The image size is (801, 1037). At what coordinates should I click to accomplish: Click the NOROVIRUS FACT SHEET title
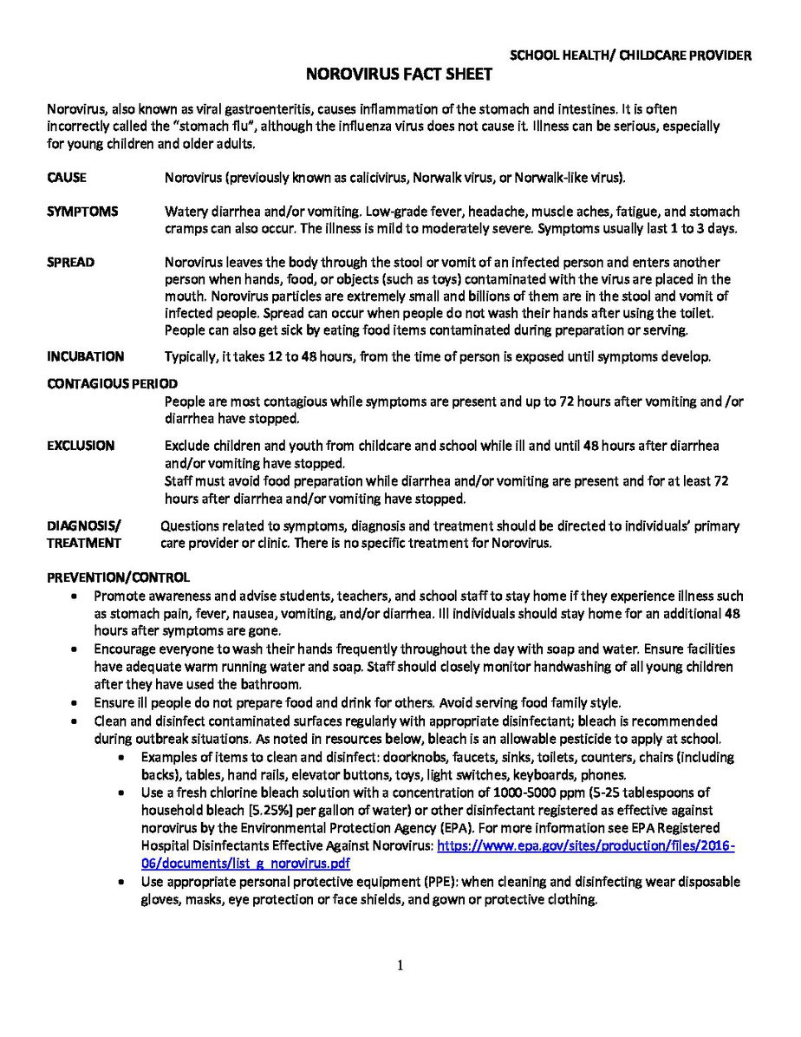tap(400, 75)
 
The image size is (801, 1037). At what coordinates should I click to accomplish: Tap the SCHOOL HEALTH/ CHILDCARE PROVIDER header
tap(630, 56)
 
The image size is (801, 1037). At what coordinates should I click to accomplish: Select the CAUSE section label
tap(67, 178)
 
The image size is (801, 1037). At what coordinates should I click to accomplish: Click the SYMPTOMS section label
tap(83, 212)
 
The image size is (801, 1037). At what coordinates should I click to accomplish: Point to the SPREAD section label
tap(71, 262)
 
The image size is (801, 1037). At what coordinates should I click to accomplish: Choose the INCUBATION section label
tap(85, 356)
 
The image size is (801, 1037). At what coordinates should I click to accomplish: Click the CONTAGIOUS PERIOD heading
tap(112, 383)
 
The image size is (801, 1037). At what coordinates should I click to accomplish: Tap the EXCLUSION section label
tap(81, 446)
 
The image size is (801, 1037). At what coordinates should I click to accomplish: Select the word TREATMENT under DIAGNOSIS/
tap(84, 543)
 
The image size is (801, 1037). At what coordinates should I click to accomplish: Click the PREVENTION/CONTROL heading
tap(118, 577)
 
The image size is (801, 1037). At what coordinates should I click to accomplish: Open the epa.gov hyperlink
tap(586, 846)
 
